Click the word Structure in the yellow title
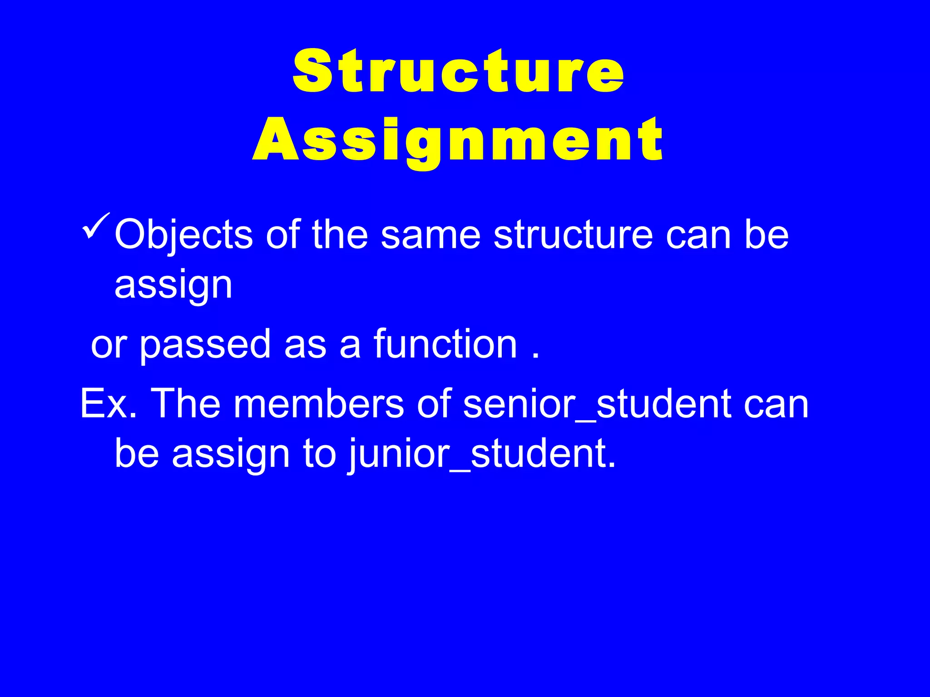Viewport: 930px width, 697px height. point(459,72)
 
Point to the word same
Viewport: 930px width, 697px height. point(430,235)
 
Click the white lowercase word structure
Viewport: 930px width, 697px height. point(573,235)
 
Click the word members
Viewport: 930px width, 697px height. point(318,404)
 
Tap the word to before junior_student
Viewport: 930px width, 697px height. point(319,454)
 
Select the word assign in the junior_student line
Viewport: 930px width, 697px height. point(231,454)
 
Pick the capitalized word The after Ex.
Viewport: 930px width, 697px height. point(185,404)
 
